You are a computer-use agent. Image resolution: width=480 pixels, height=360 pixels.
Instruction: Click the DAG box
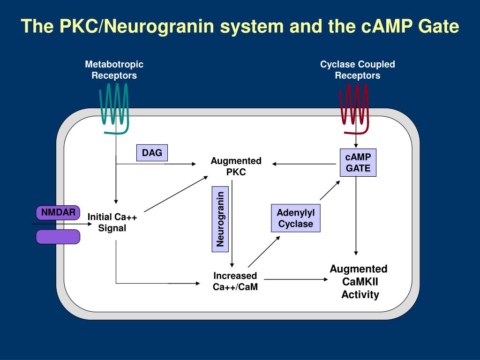pos(152,153)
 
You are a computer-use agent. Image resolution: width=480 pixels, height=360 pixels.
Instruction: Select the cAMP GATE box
pos(358,163)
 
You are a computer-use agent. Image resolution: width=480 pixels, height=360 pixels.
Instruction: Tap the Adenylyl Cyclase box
pos(296,218)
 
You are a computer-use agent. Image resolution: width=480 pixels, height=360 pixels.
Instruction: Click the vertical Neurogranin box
pos(220,219)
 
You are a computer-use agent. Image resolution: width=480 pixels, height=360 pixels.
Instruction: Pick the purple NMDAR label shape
pos(58,212)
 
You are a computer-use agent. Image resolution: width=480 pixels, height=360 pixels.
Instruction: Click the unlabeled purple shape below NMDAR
pos(58,237)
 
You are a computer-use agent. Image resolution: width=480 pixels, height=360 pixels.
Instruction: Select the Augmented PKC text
pos(236,166)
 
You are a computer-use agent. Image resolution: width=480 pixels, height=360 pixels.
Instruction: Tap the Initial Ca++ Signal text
pos(112,222)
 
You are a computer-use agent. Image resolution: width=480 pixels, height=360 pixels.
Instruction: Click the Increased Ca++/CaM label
pos(235,281)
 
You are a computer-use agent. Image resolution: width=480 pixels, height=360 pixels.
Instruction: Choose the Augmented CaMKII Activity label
pos(359,282)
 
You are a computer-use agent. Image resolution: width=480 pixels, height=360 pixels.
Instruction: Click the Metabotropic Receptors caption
pos(114,70)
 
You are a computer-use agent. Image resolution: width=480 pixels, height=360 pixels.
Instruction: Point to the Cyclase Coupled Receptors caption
pos(358,70)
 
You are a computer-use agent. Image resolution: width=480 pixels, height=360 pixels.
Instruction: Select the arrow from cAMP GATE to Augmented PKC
pos(304,164)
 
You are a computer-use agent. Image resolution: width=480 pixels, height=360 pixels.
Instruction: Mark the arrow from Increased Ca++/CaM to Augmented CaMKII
pos(296,279)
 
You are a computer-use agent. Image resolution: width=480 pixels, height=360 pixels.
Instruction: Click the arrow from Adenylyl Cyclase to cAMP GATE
pos(330,190)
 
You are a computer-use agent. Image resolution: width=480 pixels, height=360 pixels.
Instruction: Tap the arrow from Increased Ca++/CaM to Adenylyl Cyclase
pos(264,252)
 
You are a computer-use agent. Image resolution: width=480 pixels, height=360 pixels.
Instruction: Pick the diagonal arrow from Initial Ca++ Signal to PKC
pos(176,194)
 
